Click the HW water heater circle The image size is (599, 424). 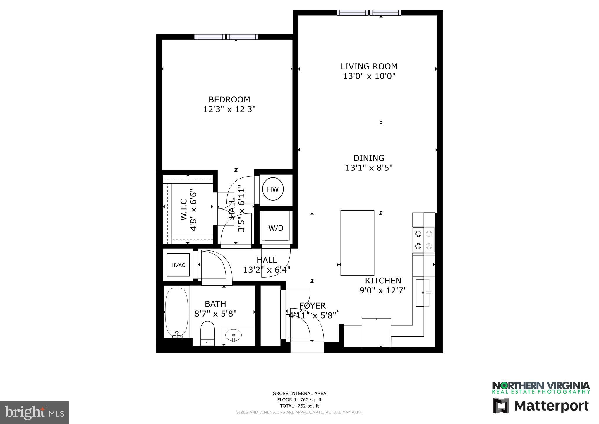[x=273, y=189]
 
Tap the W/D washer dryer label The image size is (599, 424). [x=276, y=228]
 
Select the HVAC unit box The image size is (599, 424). [x=178, y=265]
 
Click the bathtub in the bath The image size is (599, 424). [x=176, y=312]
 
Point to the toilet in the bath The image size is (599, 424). [x=208, y=333]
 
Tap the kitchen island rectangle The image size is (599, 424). [x=357, y=243]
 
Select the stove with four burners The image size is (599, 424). [x=423, y=240]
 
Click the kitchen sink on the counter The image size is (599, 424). [x=423, y=293]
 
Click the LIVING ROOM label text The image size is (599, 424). [x=369, y=66]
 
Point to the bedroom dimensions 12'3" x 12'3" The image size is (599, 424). [x=229, y=110]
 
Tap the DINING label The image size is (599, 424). [x=369, y=158]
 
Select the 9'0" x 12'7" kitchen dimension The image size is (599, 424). [x=383, y=290]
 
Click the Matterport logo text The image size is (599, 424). [x=551, y=406]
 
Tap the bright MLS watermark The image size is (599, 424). [x=35, y=413]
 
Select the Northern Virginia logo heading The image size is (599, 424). [x=541, y=385]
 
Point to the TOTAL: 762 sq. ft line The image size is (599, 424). [x=299, y=406]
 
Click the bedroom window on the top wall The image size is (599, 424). [x=226, y=37]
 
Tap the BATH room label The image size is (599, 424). [x=215, y=304]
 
